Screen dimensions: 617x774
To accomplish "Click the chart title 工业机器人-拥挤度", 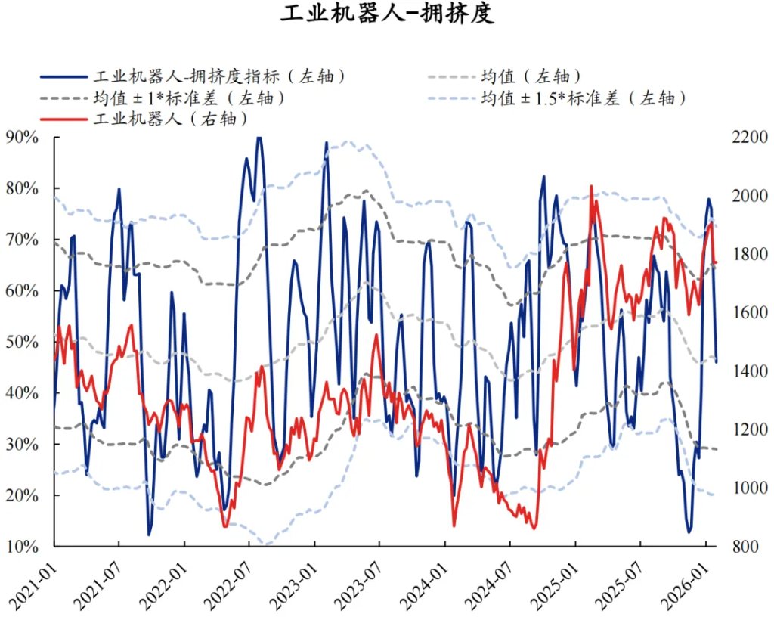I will [x=387, y=14].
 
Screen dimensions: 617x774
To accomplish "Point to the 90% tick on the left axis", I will [x=22, y=137].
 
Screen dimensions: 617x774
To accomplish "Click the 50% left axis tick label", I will [x=22, y=342].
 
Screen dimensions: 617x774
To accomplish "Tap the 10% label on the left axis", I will [x=22, y=546].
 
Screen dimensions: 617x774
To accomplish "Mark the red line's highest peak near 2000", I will [x=591, y=186].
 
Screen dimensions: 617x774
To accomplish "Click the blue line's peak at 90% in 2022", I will [x=259, y=138].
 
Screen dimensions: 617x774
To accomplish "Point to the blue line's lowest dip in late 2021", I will [x=149, y=535].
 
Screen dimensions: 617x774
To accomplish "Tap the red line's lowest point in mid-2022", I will [x=225, y=526].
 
